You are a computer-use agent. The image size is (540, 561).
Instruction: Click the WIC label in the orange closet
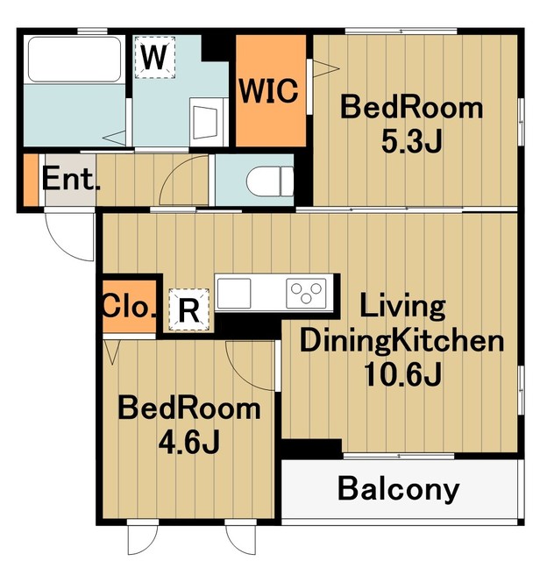coord(269,91)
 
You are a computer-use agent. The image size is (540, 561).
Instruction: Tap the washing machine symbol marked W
coord(155,57)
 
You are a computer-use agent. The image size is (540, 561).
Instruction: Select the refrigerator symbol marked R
coord(188,309)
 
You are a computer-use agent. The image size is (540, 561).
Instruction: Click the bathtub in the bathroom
coord(75,60)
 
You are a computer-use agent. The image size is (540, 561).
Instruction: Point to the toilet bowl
coord(270,181)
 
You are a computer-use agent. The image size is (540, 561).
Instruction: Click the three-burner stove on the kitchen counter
coord(306,294)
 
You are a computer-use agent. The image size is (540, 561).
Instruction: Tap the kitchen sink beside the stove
coord(234,294)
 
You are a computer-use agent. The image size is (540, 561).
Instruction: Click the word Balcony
coord(399,489)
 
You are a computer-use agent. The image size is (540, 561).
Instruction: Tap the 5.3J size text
coord(411,141)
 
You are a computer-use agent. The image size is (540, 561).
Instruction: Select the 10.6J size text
coord(401,374)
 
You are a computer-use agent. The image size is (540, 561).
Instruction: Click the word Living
coord(403,306)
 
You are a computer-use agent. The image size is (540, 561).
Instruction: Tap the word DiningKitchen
coord(401,341)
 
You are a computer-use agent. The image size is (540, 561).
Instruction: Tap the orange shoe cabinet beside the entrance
coord(31,180)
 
